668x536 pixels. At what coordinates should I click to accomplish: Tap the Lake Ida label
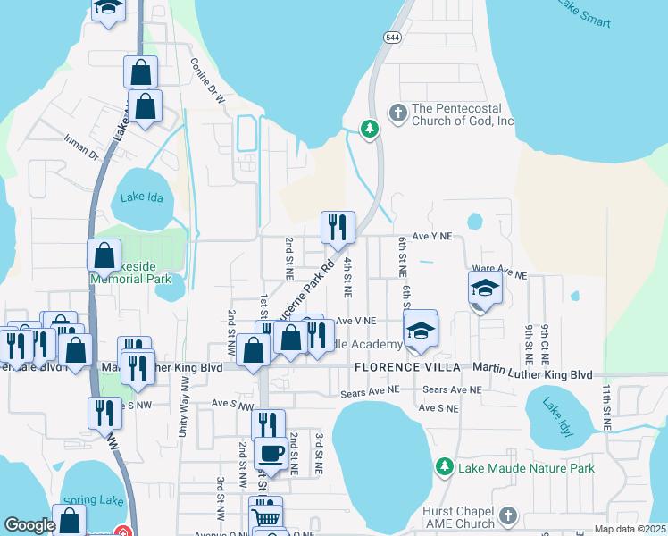point(142,198)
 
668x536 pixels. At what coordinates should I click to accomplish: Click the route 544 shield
point(393,37)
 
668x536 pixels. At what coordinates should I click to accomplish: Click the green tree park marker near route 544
point(369,130)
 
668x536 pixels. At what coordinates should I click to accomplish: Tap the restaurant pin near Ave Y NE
point(338,229)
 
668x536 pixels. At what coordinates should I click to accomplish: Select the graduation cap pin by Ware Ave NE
point(485,289)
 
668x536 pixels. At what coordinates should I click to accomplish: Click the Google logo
point(29,525)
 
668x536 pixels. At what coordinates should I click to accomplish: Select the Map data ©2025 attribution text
point(630,529)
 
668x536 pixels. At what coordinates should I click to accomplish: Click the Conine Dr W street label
point(206,81)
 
